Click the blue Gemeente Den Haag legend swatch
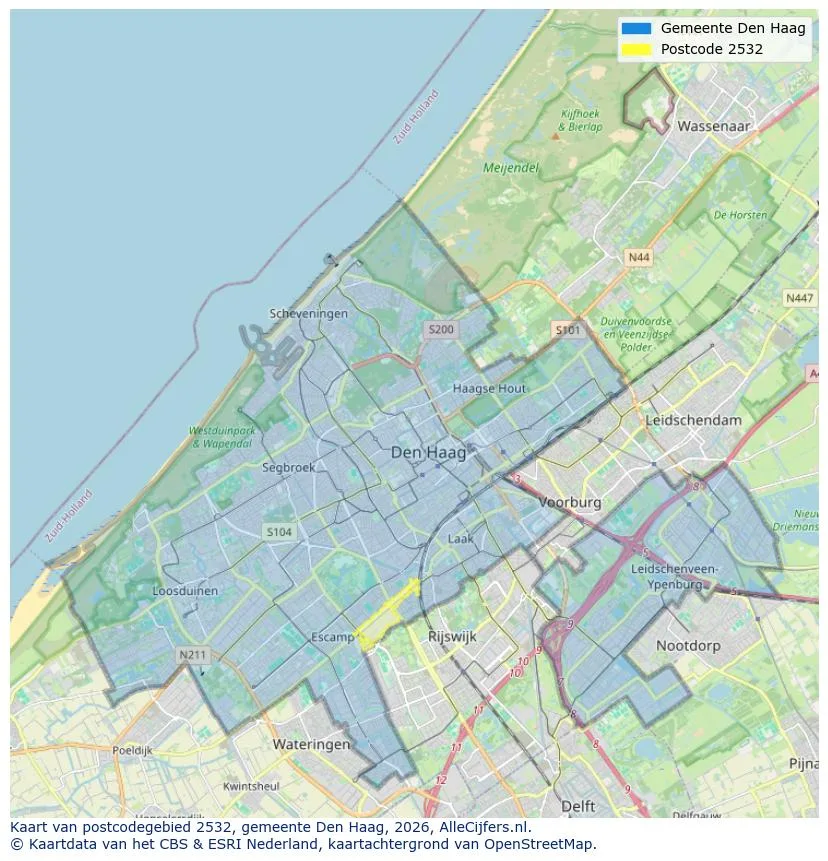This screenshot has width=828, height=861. pyautogui.click(x=635, y=28)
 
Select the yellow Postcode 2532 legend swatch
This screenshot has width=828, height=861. pyautogui.click(x=635, y=49)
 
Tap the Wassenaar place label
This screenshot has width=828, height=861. pyautogui.click(x=713, y=127)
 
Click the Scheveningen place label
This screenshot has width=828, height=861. pyautogui.click(x=309, y=314)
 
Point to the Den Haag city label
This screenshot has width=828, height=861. pyautogui.click(x=428, y=453)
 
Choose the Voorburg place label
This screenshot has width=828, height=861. pyautogui.click(x=570, y=503)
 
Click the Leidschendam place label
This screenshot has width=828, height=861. pyautogui.click(x=694, y=420)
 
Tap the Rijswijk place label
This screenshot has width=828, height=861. pyautogui.click(x=452, y=636)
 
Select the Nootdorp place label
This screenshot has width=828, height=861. pyautogui.click(x=688, y=646)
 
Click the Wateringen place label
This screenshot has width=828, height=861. pyautogui.click(x=312, y=745)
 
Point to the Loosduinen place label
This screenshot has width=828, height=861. pyautogui.click(x=185, y=591)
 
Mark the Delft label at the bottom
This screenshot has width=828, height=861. pyautogui.click(x=578, y=806)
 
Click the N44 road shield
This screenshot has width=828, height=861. pyautogui.click(x=638, y=258)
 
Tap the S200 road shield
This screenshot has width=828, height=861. pyautogui.click(x=440, y=329)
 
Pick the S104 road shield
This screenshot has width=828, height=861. pyautogui.click(x=279, y=532)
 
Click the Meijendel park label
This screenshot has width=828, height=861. pyautogui.click(x=511, y=168)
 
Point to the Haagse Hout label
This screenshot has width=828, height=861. pyautogui.click(x=489, y=388)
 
